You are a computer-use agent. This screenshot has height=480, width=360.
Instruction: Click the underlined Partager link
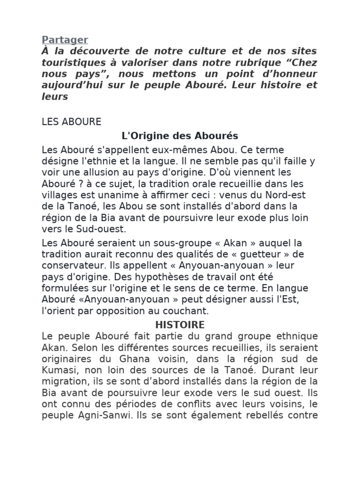click(x=65, y=40)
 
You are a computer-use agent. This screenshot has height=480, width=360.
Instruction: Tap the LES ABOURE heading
click(x=71, y=122)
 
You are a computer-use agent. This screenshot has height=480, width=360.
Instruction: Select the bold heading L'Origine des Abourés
click(x=180, y=136)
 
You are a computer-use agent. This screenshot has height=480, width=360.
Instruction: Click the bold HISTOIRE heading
click(x=180, y=324)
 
